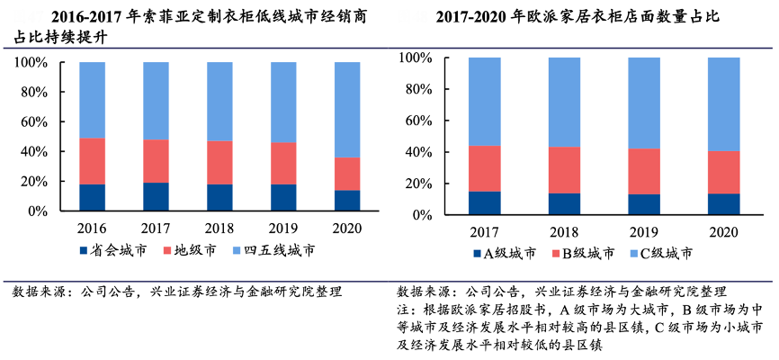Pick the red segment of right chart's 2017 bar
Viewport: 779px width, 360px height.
[485, 168]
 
